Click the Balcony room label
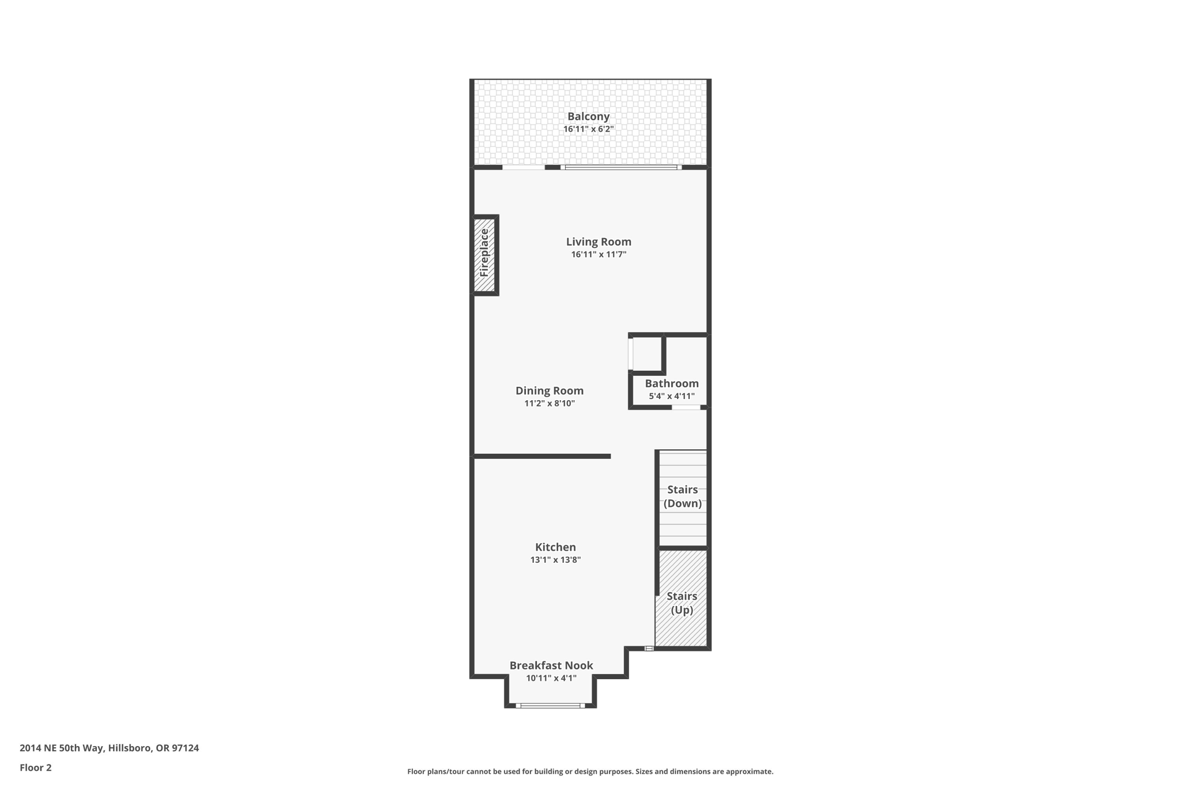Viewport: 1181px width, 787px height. pos(588,116)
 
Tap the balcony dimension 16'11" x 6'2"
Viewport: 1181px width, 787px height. pos(588,129)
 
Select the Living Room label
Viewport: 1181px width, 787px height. pos(599,242)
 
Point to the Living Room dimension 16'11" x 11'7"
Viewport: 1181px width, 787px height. pos(599,254)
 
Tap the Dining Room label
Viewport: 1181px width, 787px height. pos(549,390)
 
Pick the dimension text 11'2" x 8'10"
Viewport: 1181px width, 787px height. pos(549,404)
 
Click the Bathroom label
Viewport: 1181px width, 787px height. pos(671,383)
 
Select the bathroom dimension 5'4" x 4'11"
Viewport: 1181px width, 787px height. pos(671,396)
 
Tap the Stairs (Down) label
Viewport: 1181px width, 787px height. pos(682,496)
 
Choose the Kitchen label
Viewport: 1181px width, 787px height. pos(555,547)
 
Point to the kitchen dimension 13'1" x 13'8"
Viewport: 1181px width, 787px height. pos(555,560)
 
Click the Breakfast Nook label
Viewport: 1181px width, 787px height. pos(551,665)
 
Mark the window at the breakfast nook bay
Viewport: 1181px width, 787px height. pos(550,705)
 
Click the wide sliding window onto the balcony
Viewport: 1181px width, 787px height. pos(620,167)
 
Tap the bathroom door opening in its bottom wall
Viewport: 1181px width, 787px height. pos(686,408)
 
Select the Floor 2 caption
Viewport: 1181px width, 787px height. pos(36,767)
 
